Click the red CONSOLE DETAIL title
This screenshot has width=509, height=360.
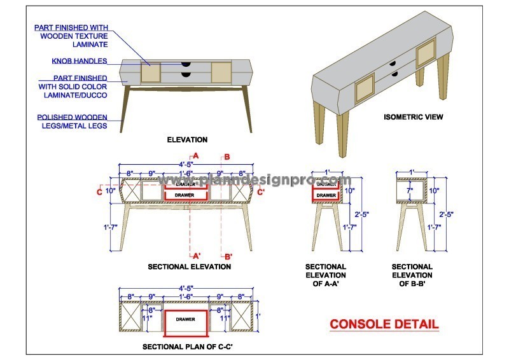point(384,324)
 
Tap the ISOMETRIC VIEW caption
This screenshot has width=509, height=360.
point(413,117)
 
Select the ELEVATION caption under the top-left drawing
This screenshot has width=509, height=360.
point(186,139)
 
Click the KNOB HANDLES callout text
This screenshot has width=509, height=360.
point(80,62)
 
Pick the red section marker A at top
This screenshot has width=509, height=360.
point(196,156)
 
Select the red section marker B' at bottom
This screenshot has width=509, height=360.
point(228,256)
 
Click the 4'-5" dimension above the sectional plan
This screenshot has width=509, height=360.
point(186,288)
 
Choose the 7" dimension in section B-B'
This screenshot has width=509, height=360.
point(410,190)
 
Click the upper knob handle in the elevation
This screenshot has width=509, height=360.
point(185,64)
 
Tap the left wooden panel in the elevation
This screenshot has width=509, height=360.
point(150,73)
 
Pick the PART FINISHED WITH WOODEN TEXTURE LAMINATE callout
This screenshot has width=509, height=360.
point(72,36)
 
